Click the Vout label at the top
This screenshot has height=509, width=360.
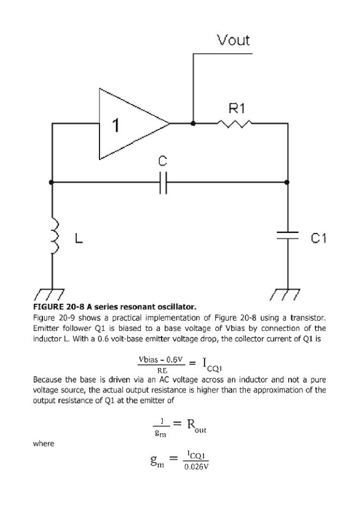pyautogui.click(x=233, y=40)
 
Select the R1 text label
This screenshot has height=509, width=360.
pyautogui.click(x=237, y=108)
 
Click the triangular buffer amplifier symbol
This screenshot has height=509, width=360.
pyautogui.click(x=135, y=124)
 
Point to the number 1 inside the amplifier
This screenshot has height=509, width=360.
pyautogui.click(x=115, y=126)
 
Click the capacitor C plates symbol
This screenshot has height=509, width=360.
pyautogui.click(x=163, y=182)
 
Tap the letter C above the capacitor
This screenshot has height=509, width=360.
pyautogui.click(x=163, y=161)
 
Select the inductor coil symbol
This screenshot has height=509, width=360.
pyautogui.click(x=55, y=236)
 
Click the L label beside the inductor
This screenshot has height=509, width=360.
pyautogui.click(x=79, y=238)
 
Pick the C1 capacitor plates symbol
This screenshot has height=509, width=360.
pyautogui.click(x=287, y=235)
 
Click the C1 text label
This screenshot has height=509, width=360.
pyautogui.click(x=319, y=238)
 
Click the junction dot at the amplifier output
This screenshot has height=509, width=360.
pyautogui.click(x=193, y=123)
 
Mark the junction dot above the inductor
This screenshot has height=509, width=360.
pyautogui.click(x=51, y=182)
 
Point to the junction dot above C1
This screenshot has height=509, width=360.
pyautogui.click(x=287, y=182)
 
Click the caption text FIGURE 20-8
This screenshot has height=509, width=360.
pyautogui.click(x=58, y=307)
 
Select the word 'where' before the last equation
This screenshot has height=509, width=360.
pyautogui.click(x=44, y=443)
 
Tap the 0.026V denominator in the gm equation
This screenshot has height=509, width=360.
pyautogui.click(x=196, y=467)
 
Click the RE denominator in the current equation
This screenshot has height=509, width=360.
pyautogui.click(x=162, y=370)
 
